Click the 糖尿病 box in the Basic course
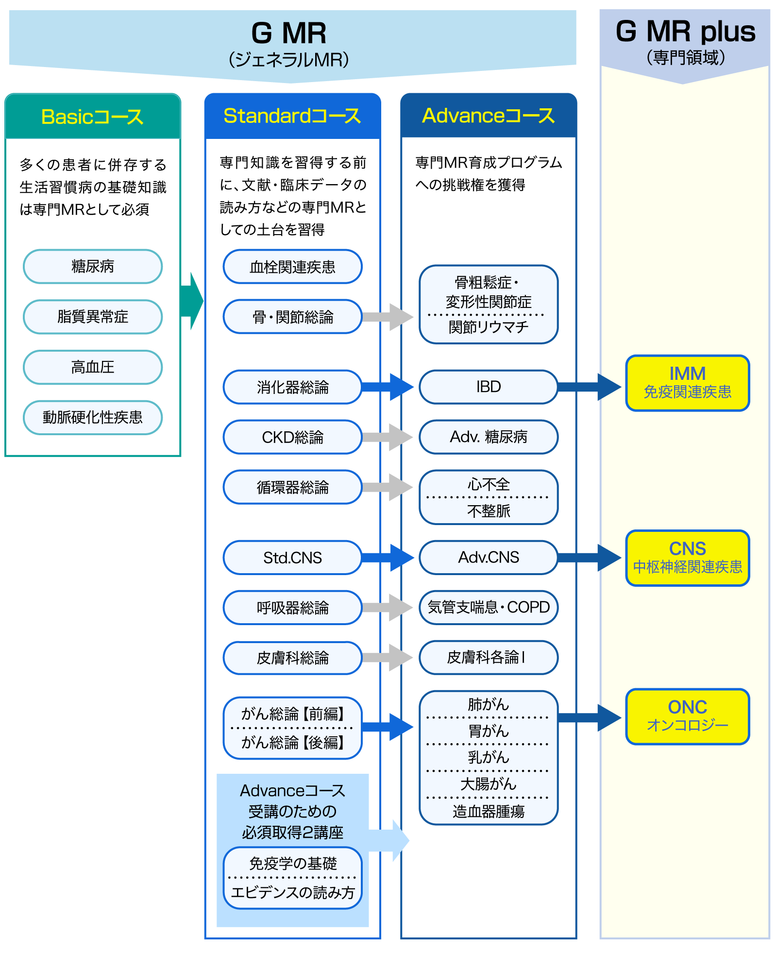(x=93, y=267)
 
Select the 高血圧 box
(x=93, y=367)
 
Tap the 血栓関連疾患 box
(x=293, y=267)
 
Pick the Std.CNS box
(x=293, y=558)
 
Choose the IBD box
(x=489, y=387)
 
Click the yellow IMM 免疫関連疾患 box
(x=688, y=383)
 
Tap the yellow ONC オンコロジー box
(x=688, y=716)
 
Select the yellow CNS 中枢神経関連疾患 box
(x=688, y=558)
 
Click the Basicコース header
(x=93, y=116)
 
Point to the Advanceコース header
(x=489, y=116)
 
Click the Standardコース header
(x=293, y=116)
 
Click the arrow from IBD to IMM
(x=590, y=387)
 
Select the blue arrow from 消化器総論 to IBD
(x=388, y=387)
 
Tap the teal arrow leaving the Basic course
(x=192, y=301)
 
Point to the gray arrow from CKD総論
(x=388, y=437)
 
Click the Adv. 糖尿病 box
(x=489, y=437)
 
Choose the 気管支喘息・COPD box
(x=489, y=607)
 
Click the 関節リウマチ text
(x=489, y=327)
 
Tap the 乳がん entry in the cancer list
(x=489, y=757)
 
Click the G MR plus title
(x=685, y=32)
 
